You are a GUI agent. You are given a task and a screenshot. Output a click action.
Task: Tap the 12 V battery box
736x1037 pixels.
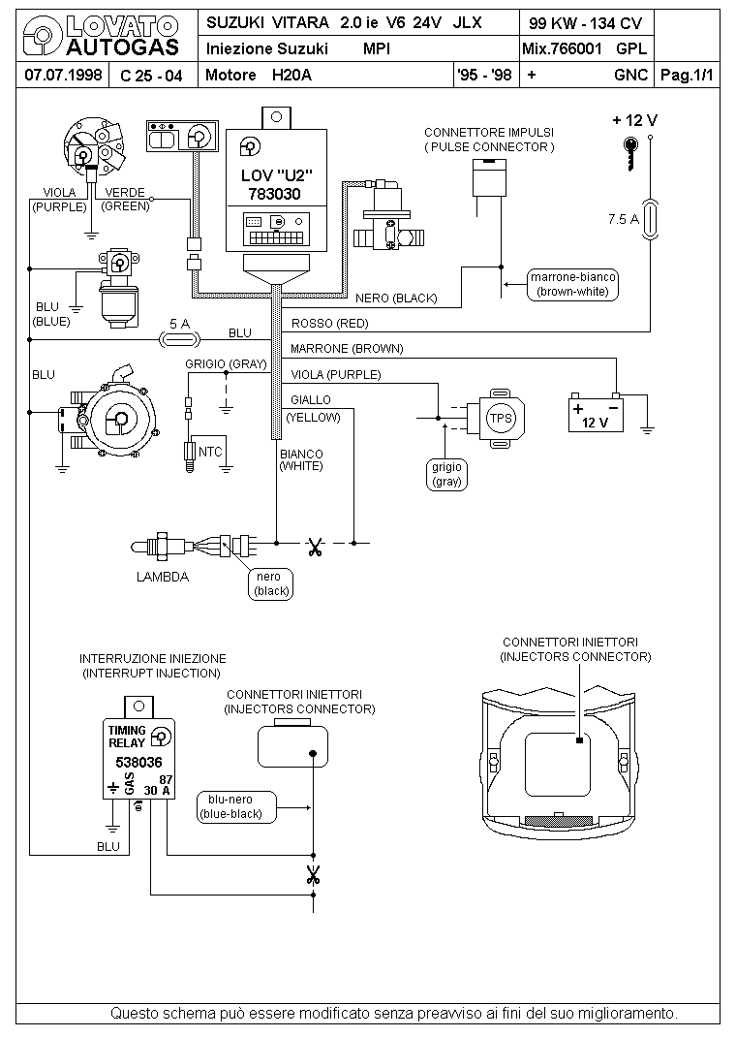[x=596, y=414]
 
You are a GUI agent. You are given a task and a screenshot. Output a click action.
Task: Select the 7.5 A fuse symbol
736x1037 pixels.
[x=650, y=219]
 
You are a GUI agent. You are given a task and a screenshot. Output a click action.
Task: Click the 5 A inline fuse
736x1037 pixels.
[x=180, y=339]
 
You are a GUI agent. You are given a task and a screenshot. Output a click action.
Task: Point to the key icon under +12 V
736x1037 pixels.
[x=632, y=154]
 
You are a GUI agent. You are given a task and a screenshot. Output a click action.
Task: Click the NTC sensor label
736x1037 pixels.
[x=210, y=452]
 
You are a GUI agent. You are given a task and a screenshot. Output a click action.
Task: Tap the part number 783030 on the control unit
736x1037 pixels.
[x=274, y=194]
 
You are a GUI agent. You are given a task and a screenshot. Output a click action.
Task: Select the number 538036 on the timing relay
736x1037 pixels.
[x=138, y=762]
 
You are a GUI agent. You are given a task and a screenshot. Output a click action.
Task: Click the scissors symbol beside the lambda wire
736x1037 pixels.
[x=315, y=547]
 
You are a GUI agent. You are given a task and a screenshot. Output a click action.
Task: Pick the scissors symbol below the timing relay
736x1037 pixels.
[x=313, y=875]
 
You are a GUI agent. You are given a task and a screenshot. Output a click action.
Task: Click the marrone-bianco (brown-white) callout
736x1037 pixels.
[x=572, y=284]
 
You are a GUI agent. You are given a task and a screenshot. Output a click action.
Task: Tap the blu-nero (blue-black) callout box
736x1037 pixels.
[x=236, y=807]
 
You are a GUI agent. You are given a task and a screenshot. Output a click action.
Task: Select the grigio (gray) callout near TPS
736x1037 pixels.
[x=446, y=474]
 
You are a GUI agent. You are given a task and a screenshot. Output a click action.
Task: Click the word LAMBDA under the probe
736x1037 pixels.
[x=163, y=577]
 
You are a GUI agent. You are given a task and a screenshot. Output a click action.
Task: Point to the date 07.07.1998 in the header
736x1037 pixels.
[x=63, y=75]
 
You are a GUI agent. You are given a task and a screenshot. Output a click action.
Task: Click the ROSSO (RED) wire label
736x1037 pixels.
[x=329, y=324]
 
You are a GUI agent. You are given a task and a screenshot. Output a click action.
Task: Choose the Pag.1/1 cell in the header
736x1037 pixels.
[x=688, y=75]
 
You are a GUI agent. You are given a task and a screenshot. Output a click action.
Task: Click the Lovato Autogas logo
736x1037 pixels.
[x=101, y=37]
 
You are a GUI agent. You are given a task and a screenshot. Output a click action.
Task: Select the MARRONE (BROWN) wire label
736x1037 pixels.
[x=347, y=349]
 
